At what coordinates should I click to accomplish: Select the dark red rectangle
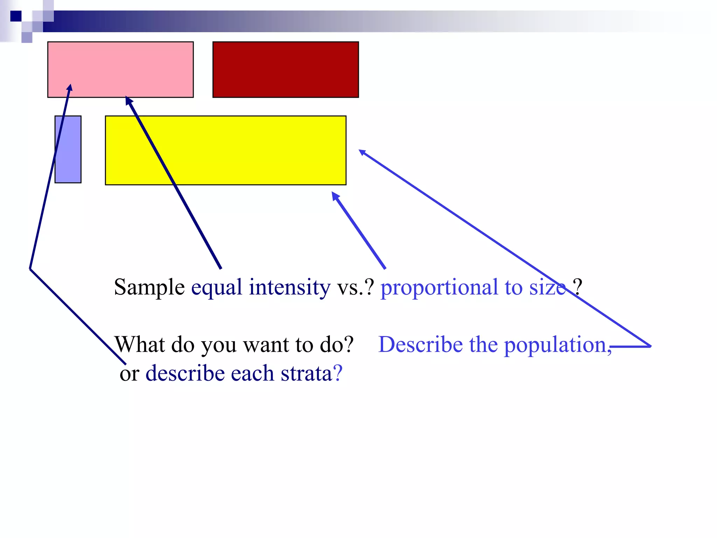click(286, 69)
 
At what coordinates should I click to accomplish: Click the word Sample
click(149, 288)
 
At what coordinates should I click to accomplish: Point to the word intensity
click(290, 288)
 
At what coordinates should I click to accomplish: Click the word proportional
click(439, 288)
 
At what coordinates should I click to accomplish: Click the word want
click(266, 345)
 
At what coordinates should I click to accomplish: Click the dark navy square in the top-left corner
click(16, 16)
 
